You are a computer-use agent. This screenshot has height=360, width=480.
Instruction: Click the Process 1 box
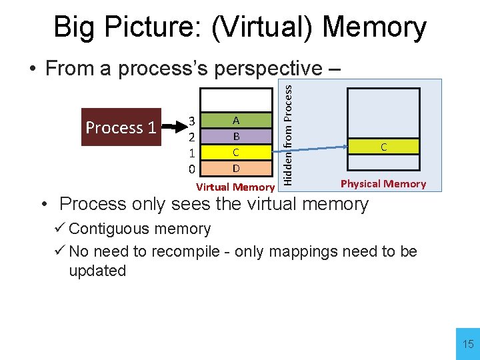click(122, 127)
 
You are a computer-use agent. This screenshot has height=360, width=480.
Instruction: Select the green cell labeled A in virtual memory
click(236, 121)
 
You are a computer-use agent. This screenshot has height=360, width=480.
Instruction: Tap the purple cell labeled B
click(236, 136)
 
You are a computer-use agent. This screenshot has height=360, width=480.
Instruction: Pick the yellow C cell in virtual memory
click(236, 152)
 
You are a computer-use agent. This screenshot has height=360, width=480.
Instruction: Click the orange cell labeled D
click(236, 167)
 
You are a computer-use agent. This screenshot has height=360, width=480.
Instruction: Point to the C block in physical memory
click(383, 147)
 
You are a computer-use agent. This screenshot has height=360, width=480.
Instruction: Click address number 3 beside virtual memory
click(191, 121)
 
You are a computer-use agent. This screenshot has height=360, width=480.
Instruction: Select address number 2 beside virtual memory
click(191, 137)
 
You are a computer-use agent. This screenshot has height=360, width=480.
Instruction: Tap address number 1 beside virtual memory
click(191, 153)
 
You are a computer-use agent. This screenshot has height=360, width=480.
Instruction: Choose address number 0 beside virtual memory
click(191, 169)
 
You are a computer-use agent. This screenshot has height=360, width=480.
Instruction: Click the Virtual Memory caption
click(235, 187)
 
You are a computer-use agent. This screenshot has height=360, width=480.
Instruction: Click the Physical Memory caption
click(383, 184)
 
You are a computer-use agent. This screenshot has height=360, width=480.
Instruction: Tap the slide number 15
click(468, 345)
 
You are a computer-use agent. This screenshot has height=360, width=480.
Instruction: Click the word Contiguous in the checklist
click(106, 229)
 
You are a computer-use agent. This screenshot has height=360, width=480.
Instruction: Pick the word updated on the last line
click(97, 271)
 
